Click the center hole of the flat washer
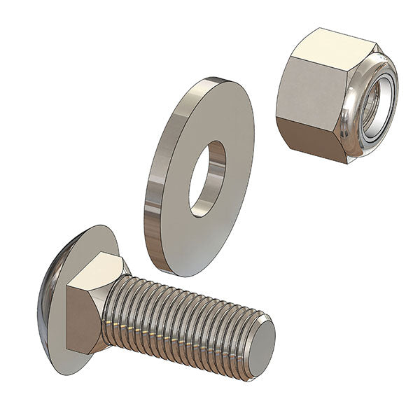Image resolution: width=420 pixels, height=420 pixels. (x=206, y=179)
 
